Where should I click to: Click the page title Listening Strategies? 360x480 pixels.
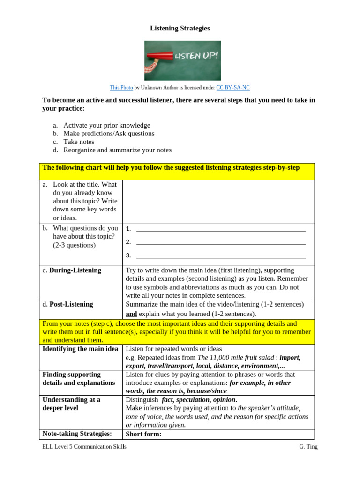click(x=180, y=29)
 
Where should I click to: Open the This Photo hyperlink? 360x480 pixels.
click(x=121, y=88)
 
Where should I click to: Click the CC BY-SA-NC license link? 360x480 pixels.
click(x=233, y=88)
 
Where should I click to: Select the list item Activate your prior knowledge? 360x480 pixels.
click(x=107, y=125)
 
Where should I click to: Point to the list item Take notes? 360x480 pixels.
click(x=79, y=142)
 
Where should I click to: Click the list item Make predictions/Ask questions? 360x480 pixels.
click(x=109, y=134)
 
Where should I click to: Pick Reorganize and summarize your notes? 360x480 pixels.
click(x=117, y=150)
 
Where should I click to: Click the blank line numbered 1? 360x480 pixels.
click(x=220, y=229)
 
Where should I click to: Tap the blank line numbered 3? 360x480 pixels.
click(x=220, y=255)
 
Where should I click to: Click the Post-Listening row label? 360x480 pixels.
click(x=71, y=304)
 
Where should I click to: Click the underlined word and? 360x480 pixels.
click(x=131, y=314)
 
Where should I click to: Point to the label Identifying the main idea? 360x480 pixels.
click(x=80, y=349)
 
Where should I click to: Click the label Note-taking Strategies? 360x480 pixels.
click(x=77, y=434)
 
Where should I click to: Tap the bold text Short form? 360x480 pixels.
click(x=143, y=434)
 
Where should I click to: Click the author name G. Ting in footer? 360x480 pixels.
click(x=308, y=447)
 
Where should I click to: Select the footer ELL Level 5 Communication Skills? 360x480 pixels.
click(x=84, y=447)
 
